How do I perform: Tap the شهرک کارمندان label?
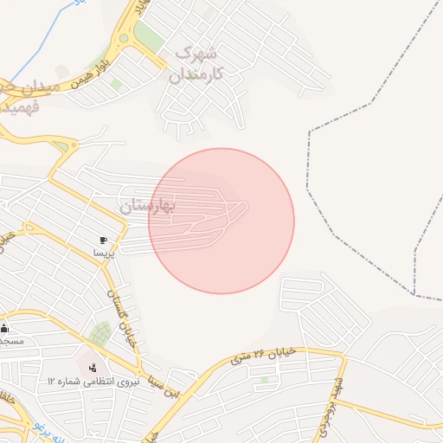click(194, 64)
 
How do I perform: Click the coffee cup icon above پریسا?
click(104, 240)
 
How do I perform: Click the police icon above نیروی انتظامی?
click(93, 367)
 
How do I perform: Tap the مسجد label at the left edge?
click(10, 341)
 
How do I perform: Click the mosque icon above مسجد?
click(4, 328)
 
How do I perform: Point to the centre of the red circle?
click(221, 221)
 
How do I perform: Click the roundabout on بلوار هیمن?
click(126, 38)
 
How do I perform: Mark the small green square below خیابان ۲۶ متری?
click(266, 379)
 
